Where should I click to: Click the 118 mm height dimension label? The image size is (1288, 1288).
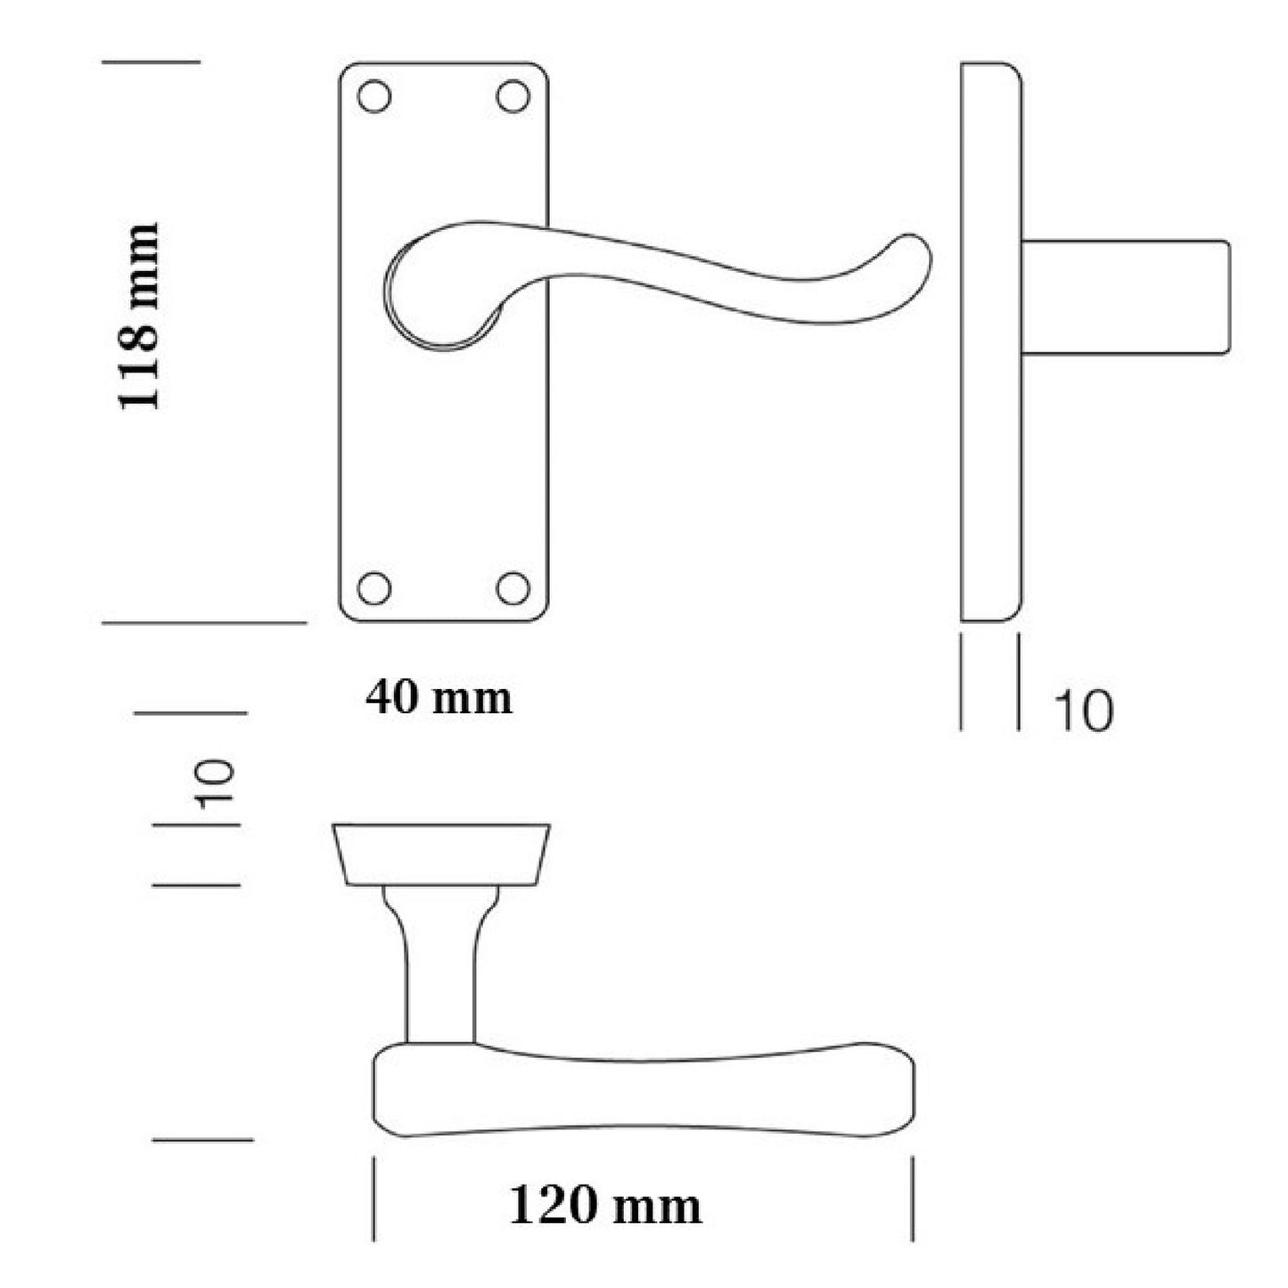pyautogui.click(x=139, y=316)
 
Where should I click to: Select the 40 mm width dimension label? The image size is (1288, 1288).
pyautogui.click(x=439, y=698)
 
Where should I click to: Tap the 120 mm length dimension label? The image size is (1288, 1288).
pyautogui.click(x=605, y=1206)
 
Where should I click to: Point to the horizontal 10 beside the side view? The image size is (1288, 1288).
pyautogui.click(x=1083, y=711)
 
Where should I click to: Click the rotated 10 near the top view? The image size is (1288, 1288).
pyautogui.click(x=217, y=784)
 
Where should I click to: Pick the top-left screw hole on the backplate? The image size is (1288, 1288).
pyautogui.click(x=374, y=96)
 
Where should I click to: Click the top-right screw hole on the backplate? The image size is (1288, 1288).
pyautogui.click(x=513, y=96)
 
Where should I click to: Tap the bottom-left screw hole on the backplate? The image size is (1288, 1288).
pyautogui.click(x=374, y=587)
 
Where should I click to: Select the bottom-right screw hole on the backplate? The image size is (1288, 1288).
pyautogui.click(x=513, y=587)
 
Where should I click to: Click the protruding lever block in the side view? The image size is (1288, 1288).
pyautogui.click(x=1125, y=297)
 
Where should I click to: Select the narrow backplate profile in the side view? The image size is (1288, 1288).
pyautogui.click(x=990, y=341)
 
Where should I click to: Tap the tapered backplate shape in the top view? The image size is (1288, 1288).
pyautogui.click(x=442, y=854)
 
